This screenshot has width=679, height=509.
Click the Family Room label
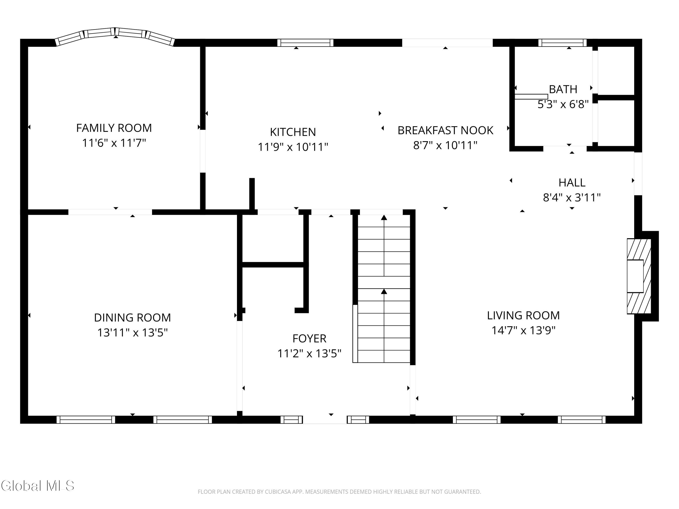pyautogui.click(x=114, y=128)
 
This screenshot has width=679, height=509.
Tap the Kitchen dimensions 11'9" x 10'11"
pyautogui.click(x=293, y=147)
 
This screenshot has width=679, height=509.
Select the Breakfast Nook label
pyautogui.click(x=445, y=130)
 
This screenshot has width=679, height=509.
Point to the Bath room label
pyautogui.click(x=563, y=89)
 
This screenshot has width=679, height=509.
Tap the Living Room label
pyautogui.click(x=523, y=315)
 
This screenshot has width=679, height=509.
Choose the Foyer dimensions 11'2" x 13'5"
pyautogui.click(x=309, y=353)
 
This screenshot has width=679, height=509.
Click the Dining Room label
pyautogui.click(x=132, y=318)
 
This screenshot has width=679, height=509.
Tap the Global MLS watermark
pyautogui.click(x=37, y=486)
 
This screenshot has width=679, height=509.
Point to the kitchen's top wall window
pyautogui.click(x=305, y=43)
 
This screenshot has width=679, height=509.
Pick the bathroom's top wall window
pyautogui.click(x=563, y=43)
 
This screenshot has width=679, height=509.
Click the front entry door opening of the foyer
pyautogui.click(x=325, y=419)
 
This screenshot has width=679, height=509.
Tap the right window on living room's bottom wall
pyautogui.click(x=582, y=419)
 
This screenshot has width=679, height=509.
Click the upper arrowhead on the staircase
pyautogui.click(x=384, y=218)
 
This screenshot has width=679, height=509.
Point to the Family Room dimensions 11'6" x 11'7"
pyautogui.click(x=114, y=143)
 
